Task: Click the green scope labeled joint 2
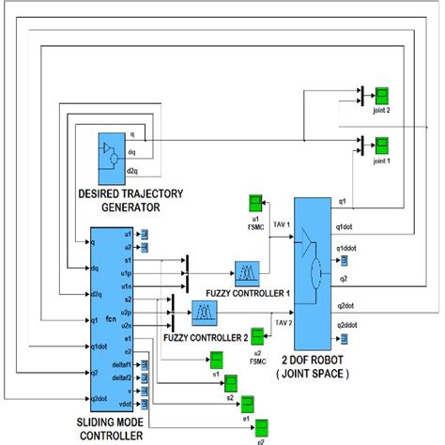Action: [382, 95]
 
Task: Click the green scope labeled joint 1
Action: [382, 145]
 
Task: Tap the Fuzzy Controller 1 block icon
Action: [248, 271]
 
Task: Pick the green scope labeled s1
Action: [215, 360]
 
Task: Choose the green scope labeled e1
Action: [248, 405]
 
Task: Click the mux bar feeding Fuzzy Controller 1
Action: [186, 271]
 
